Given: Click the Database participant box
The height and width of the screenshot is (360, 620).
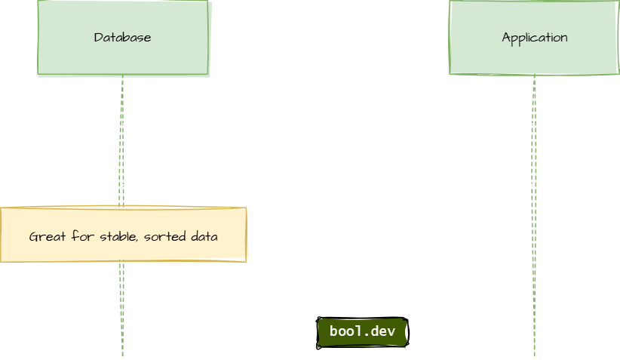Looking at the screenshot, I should tap(124, 38).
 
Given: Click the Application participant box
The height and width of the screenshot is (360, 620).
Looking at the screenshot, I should tap(534, 38).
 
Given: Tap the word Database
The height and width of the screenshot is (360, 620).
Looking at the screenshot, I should tap(122, 38).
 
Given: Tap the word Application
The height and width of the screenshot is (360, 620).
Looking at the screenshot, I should tap(535, 38).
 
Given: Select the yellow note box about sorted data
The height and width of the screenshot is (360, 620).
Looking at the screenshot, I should tap(123, 235).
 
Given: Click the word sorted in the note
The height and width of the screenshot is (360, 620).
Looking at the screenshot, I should tap(161, 237).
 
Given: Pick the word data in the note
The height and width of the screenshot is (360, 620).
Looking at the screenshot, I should tap(204, 237).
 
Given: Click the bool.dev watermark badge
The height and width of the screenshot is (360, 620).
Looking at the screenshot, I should tap(362, 331).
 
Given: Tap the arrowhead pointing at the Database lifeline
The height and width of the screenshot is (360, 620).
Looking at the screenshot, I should tap(127, 124).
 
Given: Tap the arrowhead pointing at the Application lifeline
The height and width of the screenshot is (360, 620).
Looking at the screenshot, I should tap(529, 185).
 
